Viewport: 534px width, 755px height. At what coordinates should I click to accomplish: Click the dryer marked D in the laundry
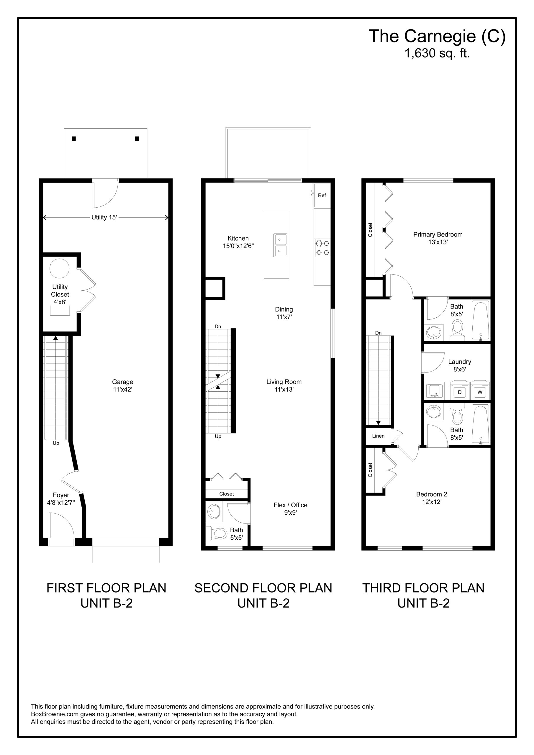click(460, 390)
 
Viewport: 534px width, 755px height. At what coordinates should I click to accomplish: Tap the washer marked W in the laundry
click(480, 390)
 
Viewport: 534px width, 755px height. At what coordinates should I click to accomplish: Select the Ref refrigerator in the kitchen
click(322, 195)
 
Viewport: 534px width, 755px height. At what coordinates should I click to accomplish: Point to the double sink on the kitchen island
click(280, 245)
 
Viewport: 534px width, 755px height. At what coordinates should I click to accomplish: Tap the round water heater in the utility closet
click(60, 268)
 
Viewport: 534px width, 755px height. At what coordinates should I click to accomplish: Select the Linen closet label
click(379, 436)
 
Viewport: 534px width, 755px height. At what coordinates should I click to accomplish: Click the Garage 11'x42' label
click(123, 385)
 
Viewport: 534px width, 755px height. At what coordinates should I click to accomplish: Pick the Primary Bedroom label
click(438, 234)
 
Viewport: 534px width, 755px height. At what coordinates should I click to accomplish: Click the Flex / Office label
click(291, 505)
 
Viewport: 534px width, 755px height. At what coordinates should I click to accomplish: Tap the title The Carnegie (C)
click(437, 36)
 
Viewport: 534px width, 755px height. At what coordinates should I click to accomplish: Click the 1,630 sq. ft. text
click(437, 53)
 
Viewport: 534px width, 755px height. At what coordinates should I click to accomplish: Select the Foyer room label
click(61, 495)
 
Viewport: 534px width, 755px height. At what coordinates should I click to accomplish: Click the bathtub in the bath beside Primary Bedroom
click(481, 320)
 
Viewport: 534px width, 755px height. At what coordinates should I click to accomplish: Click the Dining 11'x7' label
click(284, 313)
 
